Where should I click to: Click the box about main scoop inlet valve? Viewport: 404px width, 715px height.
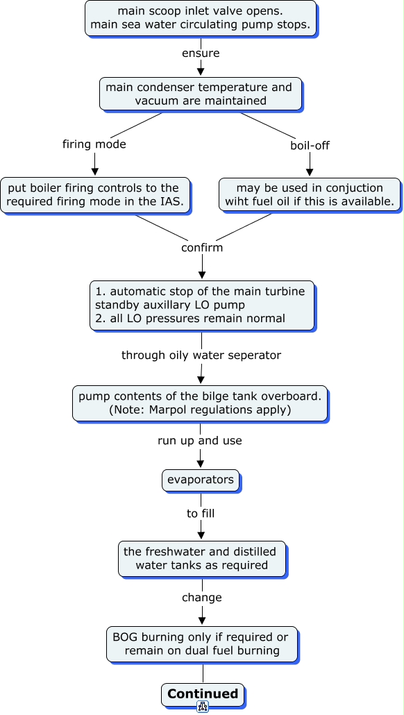[201, 18]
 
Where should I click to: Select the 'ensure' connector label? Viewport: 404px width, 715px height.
[201, 53]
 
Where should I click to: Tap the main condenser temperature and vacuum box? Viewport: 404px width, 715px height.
[201, 94]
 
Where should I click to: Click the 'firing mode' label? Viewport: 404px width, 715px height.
[94, 144]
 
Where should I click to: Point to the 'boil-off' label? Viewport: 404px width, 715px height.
[310, 146]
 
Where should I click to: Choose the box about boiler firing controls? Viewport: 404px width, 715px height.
[95, 194]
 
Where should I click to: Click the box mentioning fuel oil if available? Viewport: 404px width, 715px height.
[310, 194]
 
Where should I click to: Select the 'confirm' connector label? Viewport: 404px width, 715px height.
[202, 248]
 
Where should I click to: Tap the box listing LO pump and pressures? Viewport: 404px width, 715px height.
[202, 305]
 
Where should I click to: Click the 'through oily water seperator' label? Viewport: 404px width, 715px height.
[201, 355]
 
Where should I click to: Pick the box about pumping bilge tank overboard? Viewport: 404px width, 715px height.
[200, 403]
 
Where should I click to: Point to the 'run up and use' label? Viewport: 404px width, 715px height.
[200, 441]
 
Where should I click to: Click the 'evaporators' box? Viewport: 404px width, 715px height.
[201, 480]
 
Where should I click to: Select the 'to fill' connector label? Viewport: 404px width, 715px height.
[201, 514]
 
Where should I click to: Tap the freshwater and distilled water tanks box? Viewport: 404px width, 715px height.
[202, 559]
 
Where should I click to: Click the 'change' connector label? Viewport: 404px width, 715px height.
[202, 598]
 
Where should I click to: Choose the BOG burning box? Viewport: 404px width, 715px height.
[202, 644]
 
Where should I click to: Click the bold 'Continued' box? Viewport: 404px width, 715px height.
[203, 694]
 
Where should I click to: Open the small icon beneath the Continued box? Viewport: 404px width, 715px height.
[203, 707]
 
